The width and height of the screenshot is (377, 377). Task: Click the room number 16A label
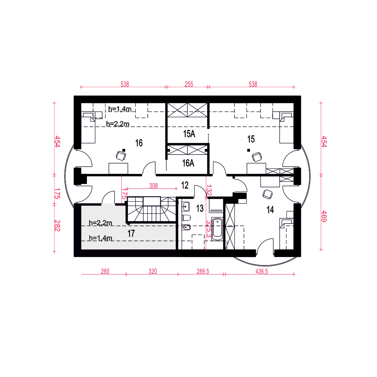(188, 163)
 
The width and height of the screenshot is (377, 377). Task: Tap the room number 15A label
(189, 134)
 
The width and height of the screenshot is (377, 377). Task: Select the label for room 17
(131, 233)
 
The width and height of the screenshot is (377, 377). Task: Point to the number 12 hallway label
(185, 185)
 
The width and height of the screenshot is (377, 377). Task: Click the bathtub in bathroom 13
(218, 229)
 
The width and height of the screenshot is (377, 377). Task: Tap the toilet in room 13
(186, 218)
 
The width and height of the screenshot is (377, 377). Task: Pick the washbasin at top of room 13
(186, 207)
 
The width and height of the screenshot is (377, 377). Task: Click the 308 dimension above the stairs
(153, 186)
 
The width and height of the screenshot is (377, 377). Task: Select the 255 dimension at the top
(189, 84)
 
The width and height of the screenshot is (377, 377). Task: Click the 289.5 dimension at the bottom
(203, 271)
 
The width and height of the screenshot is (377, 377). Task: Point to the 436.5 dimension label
(262, 271)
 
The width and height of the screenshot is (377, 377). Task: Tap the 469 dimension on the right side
(324, 216)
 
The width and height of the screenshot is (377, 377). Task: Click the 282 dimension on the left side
(57, 225)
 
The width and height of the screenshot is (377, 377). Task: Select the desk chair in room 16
(121, 156)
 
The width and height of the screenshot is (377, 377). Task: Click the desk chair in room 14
(268, 194)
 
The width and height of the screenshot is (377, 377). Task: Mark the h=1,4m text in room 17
(101, 238)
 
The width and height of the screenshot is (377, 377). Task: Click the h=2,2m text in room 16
(118, 124)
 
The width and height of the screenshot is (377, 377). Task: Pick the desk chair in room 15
(257, 157)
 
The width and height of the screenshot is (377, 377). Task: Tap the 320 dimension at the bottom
(153, 271)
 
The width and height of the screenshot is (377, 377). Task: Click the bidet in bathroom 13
(186, 227)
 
